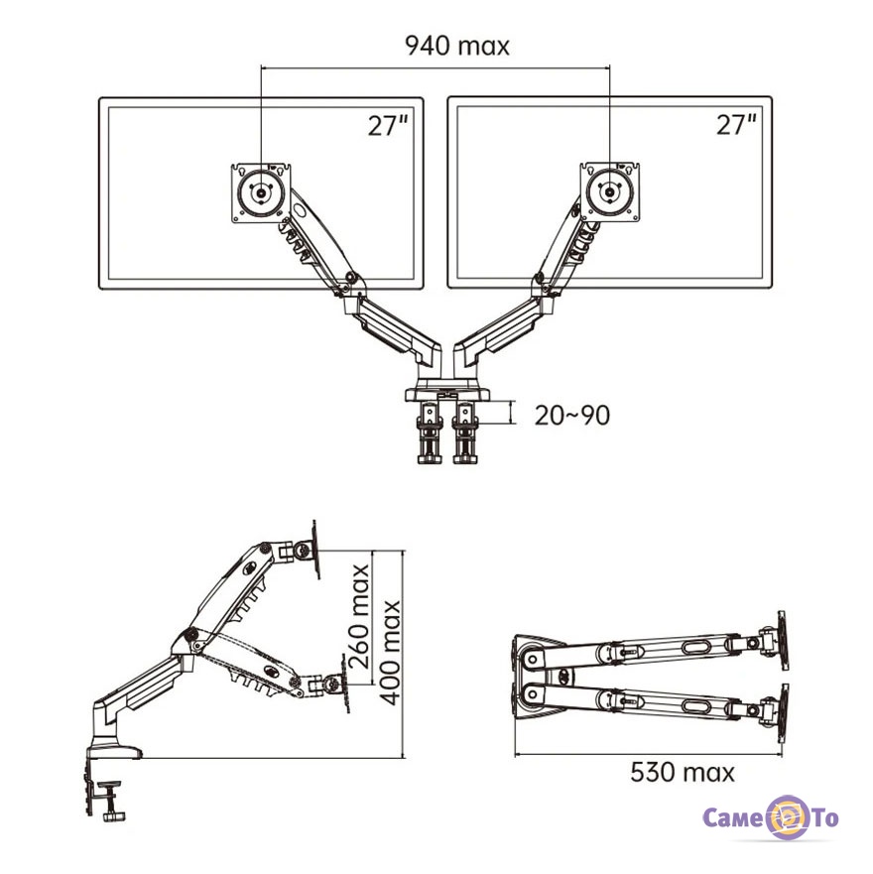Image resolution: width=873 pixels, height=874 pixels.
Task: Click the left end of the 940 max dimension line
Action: [x=261, y=68]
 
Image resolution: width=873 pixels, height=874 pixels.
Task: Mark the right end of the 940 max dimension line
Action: [x=610, y=68]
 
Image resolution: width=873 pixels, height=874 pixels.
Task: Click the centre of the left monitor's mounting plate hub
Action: [x=261, y=192]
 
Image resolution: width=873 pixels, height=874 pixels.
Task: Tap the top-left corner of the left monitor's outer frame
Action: [x=99, y=98]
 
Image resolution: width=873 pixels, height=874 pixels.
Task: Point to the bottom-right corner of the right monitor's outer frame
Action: [x=772, y=288]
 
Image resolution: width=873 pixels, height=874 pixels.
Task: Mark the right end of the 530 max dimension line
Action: [x=782, y=755]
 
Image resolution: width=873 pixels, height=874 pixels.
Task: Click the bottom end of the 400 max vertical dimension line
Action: [x=403, y=758]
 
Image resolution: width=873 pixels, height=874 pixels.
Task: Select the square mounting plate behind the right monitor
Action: [x=610, y=192]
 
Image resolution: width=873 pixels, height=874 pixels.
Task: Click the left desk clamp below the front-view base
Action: [x=430, y=433]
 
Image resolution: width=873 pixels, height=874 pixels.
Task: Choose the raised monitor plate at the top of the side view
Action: [x=316, y=550]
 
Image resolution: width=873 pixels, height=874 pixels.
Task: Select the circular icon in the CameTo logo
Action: [x=787, y=817]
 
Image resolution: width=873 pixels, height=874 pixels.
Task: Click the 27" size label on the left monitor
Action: [x=389, y=125]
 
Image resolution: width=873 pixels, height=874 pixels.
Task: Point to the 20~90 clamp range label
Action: [x=572, y=416]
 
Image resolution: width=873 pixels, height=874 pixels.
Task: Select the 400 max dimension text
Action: [x=390, y=653]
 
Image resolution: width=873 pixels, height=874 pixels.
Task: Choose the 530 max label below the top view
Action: [x=683, y=773]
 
